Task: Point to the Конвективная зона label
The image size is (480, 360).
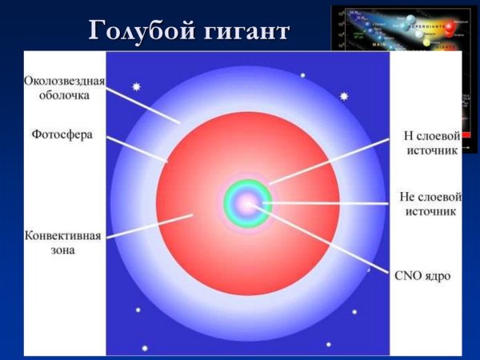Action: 62,242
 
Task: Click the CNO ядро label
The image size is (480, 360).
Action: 422,276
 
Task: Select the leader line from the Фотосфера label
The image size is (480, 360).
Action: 136,148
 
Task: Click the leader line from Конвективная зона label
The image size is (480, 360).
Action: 148,227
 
